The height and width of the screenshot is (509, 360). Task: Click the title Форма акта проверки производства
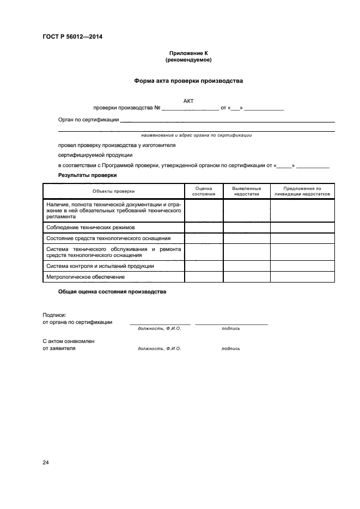coord(188,81)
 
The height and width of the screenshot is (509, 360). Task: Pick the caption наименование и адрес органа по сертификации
coord(196,135)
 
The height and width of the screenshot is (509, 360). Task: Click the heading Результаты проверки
coord(87,175)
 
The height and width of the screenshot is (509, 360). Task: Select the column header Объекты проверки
coord(113,191)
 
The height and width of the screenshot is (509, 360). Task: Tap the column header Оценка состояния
coord(204,191)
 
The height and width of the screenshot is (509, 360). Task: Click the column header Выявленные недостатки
coord(247,191)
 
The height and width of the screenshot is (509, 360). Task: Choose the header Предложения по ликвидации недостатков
coord(302,191)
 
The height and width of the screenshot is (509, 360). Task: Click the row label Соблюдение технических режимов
coord(90,227)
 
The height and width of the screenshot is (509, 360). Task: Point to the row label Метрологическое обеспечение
coord(86,277)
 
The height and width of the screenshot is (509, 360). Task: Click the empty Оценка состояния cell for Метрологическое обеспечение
coord(204,277)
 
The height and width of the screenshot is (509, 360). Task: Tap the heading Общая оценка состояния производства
coord(112,292)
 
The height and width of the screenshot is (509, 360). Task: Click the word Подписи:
coord(54,315)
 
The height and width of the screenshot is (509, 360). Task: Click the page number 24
coord(46,463)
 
